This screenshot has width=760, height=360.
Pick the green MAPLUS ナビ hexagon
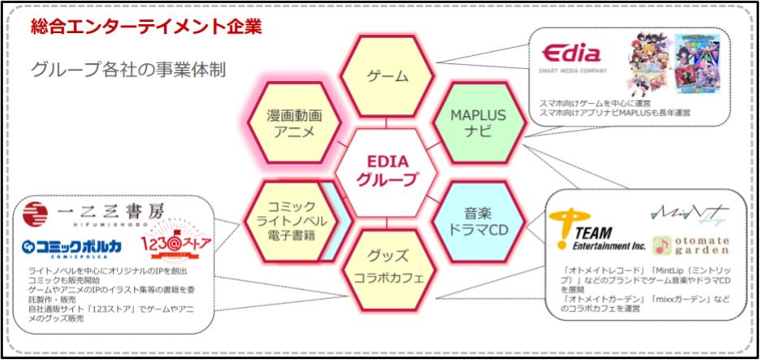478,122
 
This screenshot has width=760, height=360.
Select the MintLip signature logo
689,214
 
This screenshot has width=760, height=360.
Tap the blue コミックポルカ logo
71,247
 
